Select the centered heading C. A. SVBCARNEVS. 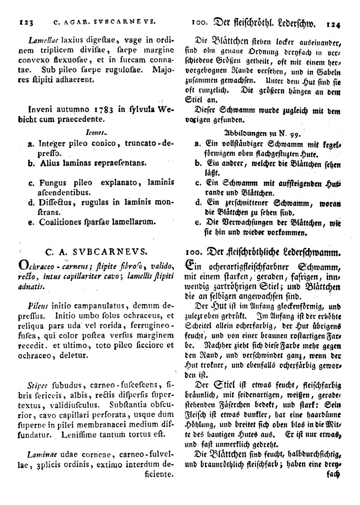coord(96,252)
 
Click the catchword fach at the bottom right coord(333,473)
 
